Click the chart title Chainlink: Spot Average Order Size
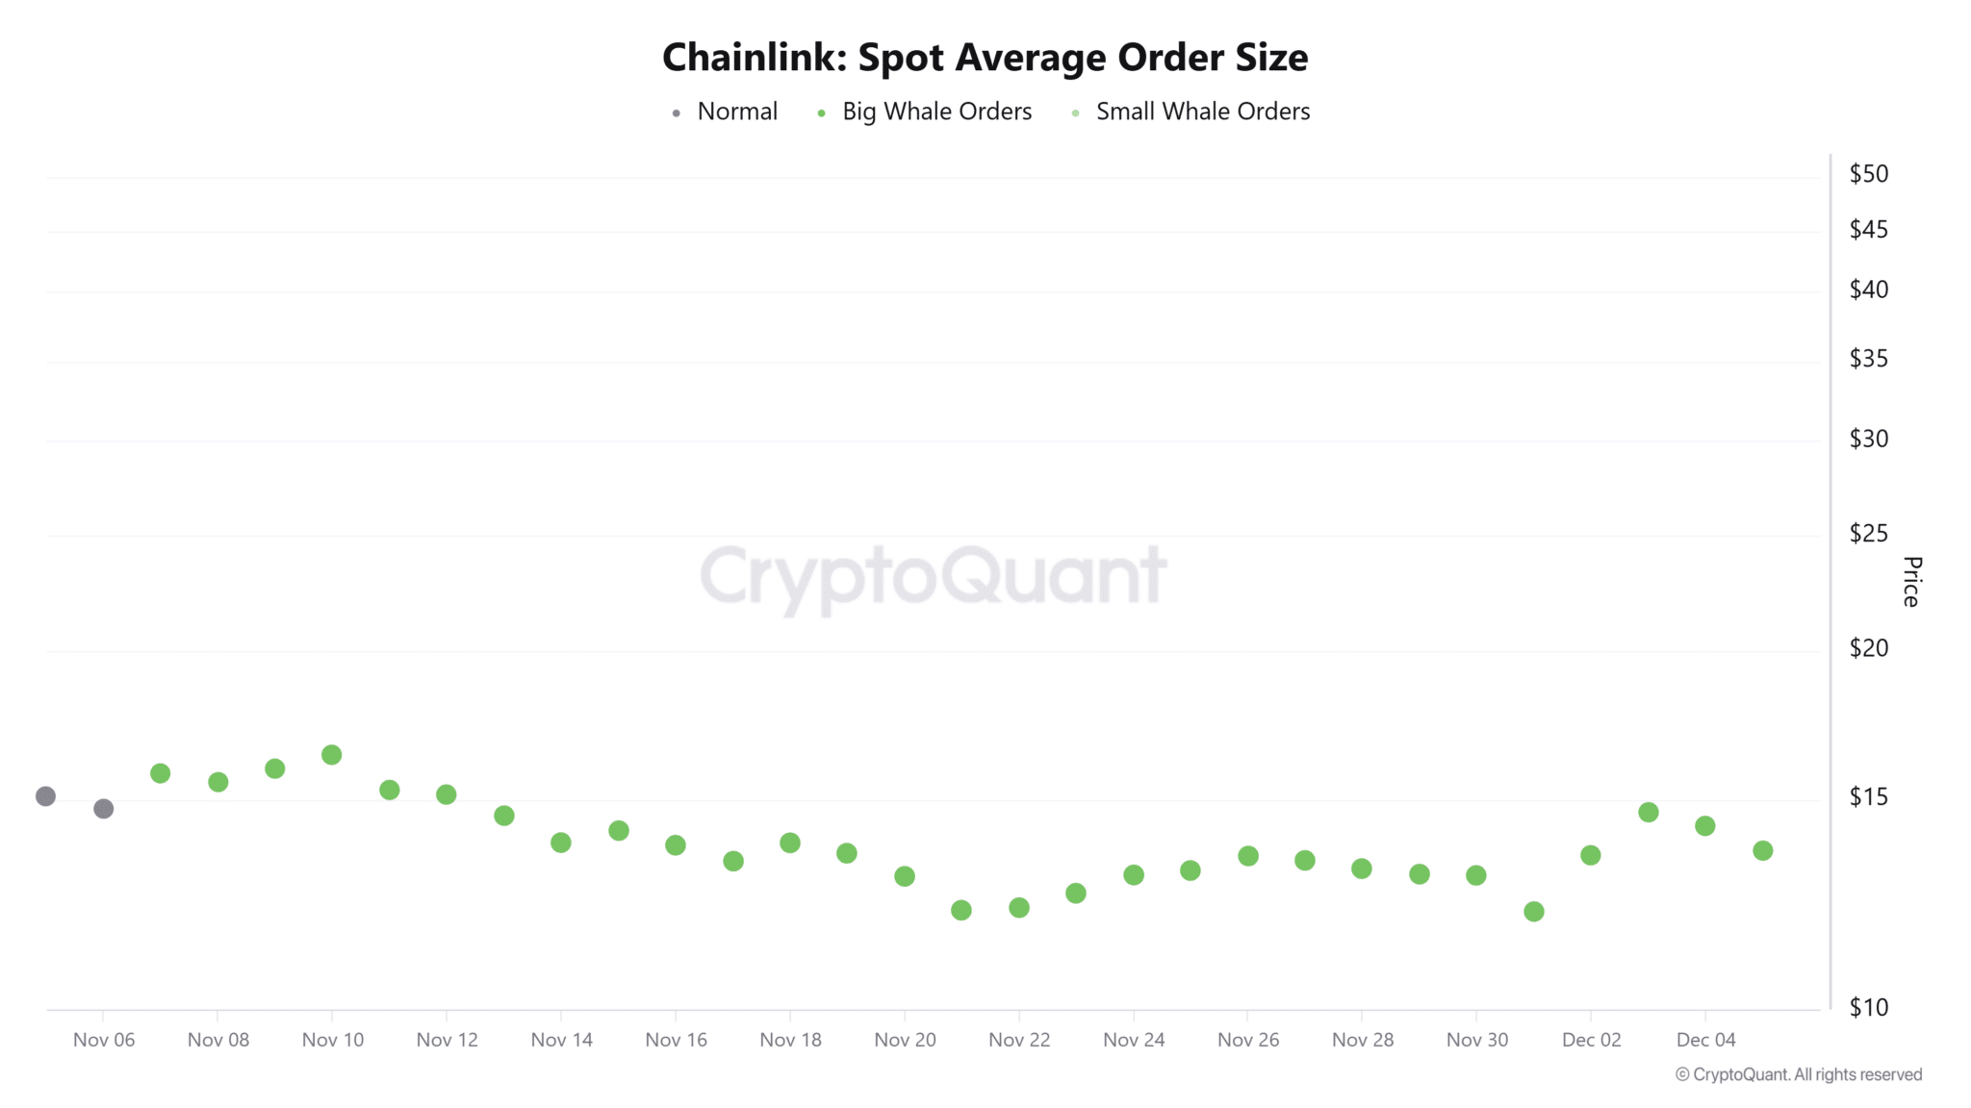coord(985,58)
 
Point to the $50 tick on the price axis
coord(1868,174)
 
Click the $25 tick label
coord(1868,533)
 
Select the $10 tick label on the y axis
coord(1868,1007)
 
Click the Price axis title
coord(1911,581)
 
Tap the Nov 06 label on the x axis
coord(104,1040)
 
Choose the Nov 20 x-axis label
coord(905,1040)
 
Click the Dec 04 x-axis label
coord(1705,1040)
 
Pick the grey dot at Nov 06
coord(104,809)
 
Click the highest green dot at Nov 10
coord(332,755)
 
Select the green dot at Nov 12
coord(447,794)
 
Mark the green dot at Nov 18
coord(790,843)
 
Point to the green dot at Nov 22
coord(1019,908)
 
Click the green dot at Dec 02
coord(1591,855)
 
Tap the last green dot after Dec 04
coord(1763,850)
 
